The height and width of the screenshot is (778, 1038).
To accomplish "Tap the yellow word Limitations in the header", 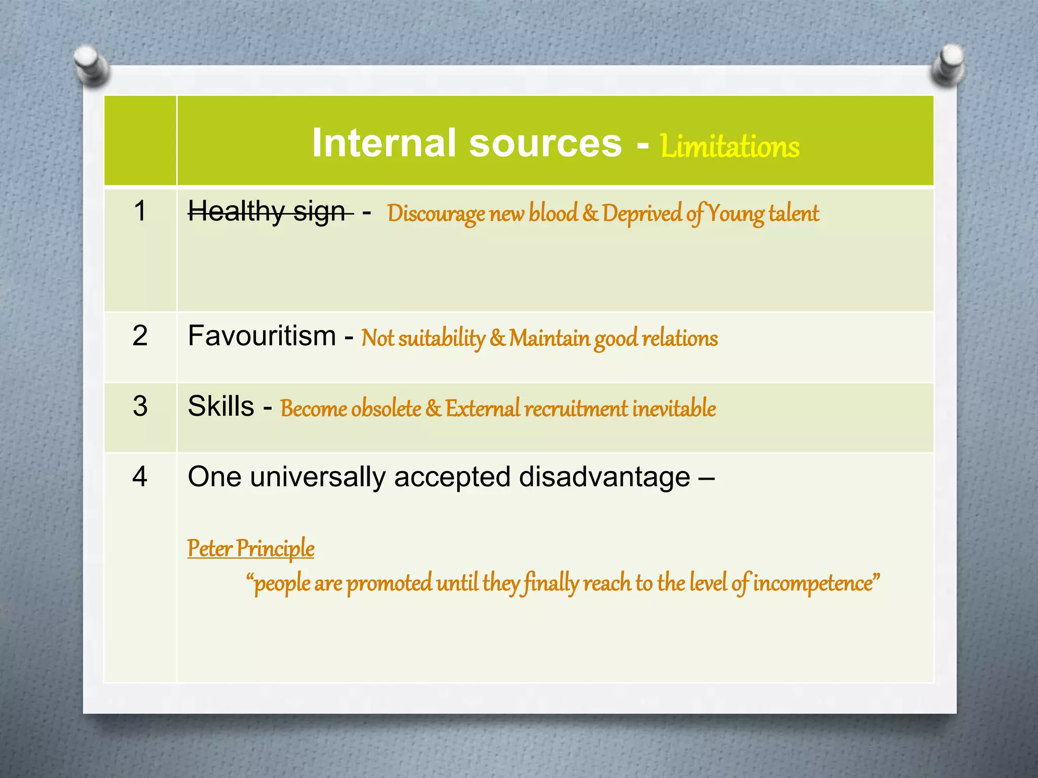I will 730,146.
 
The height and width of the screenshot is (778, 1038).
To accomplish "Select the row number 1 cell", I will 140,211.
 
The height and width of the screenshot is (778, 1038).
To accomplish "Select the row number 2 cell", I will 140,335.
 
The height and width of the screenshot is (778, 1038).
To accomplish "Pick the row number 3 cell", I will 140,406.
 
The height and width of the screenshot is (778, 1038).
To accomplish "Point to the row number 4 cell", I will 140,477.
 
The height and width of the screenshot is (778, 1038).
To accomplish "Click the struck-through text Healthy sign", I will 267,211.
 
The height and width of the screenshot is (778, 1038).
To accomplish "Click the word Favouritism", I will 262,336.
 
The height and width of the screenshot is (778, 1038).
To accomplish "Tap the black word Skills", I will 221,406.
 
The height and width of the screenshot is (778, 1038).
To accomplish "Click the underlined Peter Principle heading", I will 251,548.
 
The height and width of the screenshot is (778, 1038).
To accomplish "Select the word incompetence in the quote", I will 813,583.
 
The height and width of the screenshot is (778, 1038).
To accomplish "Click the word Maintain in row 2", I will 549,338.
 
